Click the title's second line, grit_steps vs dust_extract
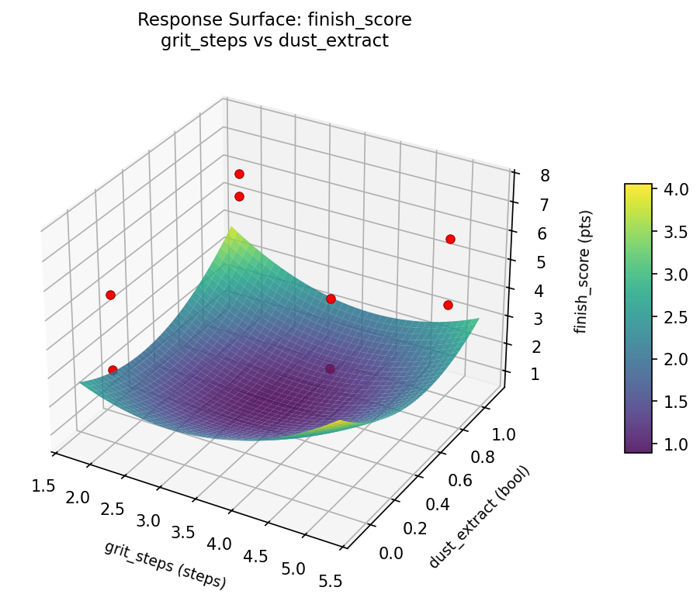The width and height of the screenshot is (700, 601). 274,41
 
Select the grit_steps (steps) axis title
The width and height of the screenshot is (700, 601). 165,564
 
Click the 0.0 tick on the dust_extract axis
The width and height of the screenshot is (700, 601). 390,552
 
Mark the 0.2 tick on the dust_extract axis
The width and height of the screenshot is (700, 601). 414,529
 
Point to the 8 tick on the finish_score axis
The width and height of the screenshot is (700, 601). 546,175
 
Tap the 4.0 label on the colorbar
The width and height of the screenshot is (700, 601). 674,190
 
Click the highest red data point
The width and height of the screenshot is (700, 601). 239,174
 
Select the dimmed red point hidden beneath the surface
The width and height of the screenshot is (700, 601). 330,369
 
